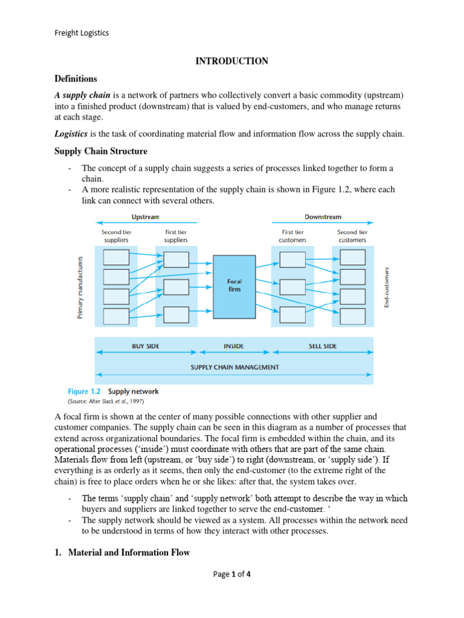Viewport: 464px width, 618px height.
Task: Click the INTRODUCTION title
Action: click(232, 61)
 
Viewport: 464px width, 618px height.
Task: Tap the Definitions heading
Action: click(76, 78)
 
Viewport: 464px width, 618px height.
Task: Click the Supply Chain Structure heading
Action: click(101, 151)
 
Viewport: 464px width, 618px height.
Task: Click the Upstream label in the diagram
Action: click(146, 216)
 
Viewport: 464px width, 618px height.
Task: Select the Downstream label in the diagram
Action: click(323, 216)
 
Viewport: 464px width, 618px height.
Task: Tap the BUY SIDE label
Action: click(146, 346)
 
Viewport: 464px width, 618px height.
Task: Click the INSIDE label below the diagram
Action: click(233, 346)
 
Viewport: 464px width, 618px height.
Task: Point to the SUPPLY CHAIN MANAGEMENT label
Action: click(234, 366)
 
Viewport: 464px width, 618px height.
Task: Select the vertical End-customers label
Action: click(387, 286)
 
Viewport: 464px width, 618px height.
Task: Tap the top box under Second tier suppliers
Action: click(117, 258)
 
